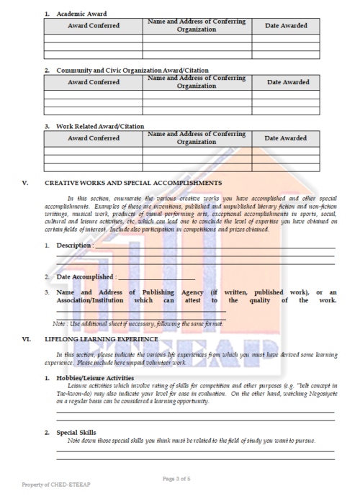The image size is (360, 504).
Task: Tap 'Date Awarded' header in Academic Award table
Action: pyautogui.click(x=286, y=26)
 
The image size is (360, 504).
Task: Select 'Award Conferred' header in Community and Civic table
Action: pyautogui.click(x=93, y=82)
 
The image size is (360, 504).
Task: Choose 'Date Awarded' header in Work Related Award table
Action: pyautogui.click(x=286, y=138)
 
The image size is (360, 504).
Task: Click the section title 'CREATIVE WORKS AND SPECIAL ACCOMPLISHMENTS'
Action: pyautogui.click(x=133, y=183)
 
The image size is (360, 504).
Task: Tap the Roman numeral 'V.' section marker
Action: pyautogui.click(x=25, y=183)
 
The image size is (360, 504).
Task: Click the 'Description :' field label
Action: pyautogui.click(x=74, y=246)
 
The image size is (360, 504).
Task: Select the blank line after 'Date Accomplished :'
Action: pyautogui.click(x=156, y=277)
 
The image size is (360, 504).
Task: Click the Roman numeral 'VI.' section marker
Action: pyautogui.click(x=26, y=338)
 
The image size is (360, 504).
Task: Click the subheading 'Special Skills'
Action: pyautogui.click(x=78, y=432)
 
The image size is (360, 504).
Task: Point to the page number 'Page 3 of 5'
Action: pyautogui.click(x=180, y=479)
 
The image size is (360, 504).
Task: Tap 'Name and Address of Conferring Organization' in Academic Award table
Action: pyautogui.click(x=197, y=26)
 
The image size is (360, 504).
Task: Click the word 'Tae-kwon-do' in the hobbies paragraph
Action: pyautogui.click(x=76, y=393)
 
